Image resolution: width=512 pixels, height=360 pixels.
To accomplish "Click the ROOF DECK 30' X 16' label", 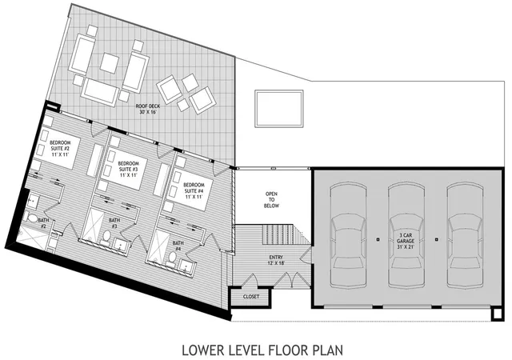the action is click(x=147, y=109).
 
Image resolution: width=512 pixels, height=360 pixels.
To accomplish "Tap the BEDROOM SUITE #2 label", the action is click(x=61, y=149).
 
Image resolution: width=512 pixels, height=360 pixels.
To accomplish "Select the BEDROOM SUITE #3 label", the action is click(x=128, y=169).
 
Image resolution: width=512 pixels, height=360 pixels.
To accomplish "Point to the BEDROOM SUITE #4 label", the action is click(x=194, y=190).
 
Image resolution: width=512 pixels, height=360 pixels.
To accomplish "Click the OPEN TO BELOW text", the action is click(x=272, y=200).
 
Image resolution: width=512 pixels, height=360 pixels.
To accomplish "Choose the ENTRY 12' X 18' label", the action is click(x=276, y=260).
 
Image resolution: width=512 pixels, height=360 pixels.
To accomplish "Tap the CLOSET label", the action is click(x=251, y=297).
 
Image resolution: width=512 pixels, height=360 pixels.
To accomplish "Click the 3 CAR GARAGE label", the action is click(x=406, y=241).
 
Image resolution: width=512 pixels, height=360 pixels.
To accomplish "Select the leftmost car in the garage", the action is click(x=348, y=235).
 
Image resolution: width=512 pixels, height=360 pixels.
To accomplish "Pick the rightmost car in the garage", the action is click(x=466, y=235).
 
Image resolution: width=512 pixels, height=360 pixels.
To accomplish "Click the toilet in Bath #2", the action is click(x=32, y=218).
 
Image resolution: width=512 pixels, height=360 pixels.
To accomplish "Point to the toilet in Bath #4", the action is click(x=172, y=258).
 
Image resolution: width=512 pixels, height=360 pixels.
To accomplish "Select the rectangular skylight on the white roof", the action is click(x=279, y=109).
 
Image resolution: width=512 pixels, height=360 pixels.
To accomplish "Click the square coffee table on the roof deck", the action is click(x=110, y=63).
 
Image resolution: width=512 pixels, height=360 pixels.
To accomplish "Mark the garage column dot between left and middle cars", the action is click(x=378, y=239).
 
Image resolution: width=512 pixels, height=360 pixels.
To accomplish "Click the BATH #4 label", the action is click(x=178, y=246).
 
